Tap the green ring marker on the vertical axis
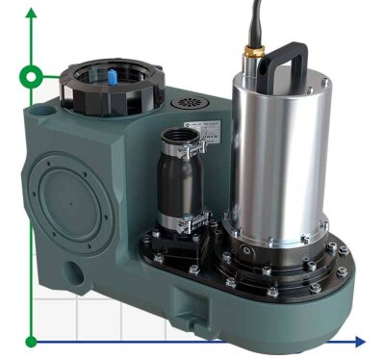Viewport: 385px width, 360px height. click(33, 76)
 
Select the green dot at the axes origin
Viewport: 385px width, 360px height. click(33, 340)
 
